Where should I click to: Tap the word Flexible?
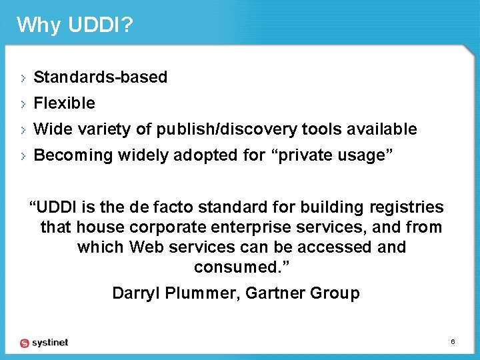click(64, 103)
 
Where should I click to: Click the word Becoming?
click(73, 155)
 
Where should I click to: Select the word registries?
click(409, 207)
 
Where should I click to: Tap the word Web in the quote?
click(146, 247)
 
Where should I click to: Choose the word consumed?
click(240, 267)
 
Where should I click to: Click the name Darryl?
click(137, 293)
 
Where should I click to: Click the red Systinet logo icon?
click(25, 343)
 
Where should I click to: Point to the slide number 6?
click(453, 342)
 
